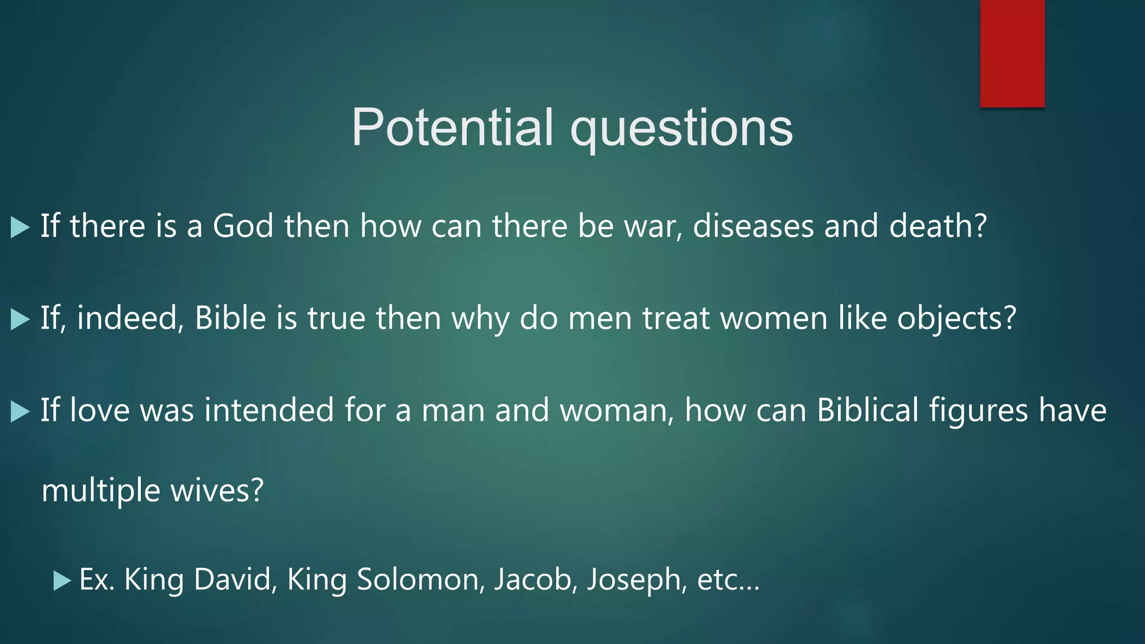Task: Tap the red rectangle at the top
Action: point(1012,54)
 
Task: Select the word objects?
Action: point(956,319)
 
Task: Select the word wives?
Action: point(216,490)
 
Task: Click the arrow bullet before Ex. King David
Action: point(61,581)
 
